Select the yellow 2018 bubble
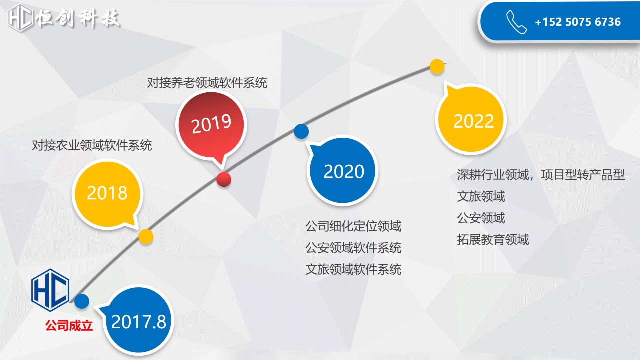tap(107, 194)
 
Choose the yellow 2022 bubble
tap(471, 119)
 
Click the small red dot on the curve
tap(224, 179)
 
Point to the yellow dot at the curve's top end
tap(437, 67)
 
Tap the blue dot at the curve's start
tap(82, 301)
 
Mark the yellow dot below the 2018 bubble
tap(146, 237)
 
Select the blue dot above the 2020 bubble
tap(301, 131)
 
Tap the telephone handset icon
tap(516, 22)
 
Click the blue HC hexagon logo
tap(50, 290)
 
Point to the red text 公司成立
tap(69, 325)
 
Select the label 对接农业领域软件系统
tap(92, 145)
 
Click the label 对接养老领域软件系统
tap(207, 83)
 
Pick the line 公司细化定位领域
tap(353, 226)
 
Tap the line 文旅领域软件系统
tap(353, 269)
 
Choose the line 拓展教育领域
tap(493, 239)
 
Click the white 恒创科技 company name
tap(77, 18)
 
